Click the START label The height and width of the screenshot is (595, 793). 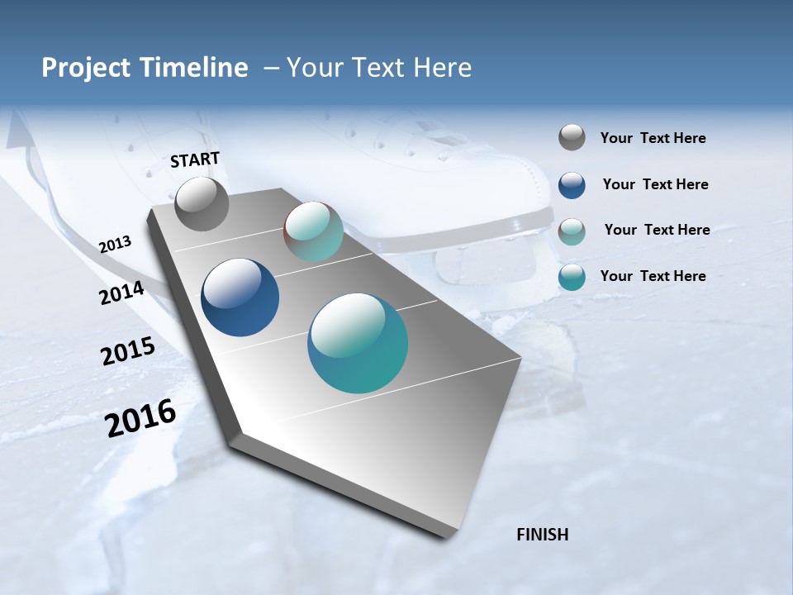tap(195, 159)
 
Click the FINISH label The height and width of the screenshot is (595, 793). tap(542, 535)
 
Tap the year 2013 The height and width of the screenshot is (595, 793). tap(115, 245)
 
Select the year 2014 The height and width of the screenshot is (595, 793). tap(122, 293)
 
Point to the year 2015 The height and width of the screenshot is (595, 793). tap(128, 350)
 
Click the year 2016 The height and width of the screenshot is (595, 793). tap(140, 418)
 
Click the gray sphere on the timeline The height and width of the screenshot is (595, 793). tap(202, 204)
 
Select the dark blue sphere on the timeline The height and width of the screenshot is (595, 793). tap(240, 297)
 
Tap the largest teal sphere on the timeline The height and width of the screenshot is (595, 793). tap(358, 343)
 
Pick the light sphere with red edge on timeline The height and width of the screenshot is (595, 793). tap(313, 231)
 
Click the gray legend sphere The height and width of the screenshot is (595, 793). tap(572, 137)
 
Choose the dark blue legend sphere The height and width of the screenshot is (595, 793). tap(572, 185)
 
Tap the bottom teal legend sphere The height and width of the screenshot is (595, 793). tap(572, 277)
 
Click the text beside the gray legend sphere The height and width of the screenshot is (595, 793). tap(653, 138)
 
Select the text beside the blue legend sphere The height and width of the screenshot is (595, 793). tap(655, 184)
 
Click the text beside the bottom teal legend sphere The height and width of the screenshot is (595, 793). tap(653, 276)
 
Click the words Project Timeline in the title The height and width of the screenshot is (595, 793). tap(145, 68)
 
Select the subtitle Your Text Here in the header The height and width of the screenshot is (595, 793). tap(379, 68)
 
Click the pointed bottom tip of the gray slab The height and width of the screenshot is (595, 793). tap(446, 535)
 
